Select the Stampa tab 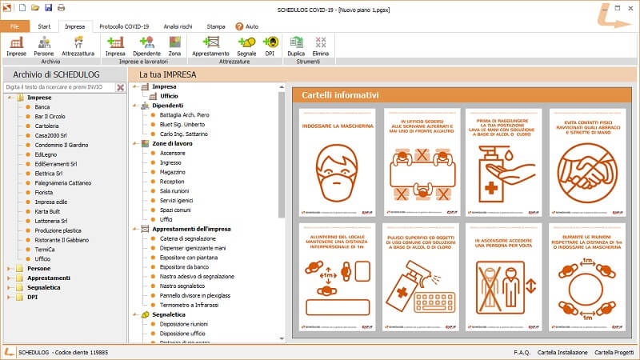215,26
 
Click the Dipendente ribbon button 146,46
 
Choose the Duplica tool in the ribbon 297,46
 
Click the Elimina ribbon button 321,46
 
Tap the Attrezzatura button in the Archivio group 78,46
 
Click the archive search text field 59,87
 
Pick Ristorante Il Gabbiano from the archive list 62,239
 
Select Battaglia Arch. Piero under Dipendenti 179,114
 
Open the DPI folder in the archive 33,298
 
